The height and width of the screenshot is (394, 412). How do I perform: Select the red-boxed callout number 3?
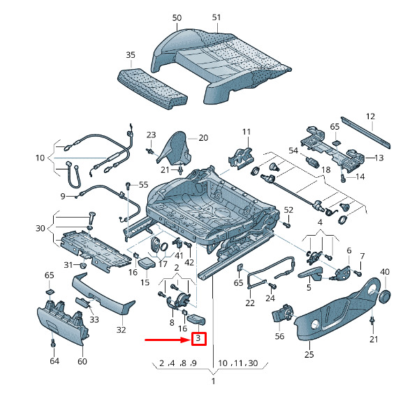(x=198, y=340)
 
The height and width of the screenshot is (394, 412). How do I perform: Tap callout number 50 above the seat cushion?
(x=177, y=17)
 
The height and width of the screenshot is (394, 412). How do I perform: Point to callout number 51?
(x=216, y=17)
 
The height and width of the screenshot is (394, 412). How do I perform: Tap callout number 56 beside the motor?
(x=280, y=335)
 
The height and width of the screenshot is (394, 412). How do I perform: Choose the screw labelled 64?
(x=52, y=344)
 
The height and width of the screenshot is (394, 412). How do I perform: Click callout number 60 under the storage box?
(x=82, y=361)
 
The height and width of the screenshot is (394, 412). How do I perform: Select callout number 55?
(x=143, y=185)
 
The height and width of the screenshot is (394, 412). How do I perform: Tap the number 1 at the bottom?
(x=214, y=381)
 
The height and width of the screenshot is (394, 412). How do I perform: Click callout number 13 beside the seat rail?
(x=379, y=158)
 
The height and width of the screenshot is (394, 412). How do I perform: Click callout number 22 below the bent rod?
(x=250, y=303)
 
